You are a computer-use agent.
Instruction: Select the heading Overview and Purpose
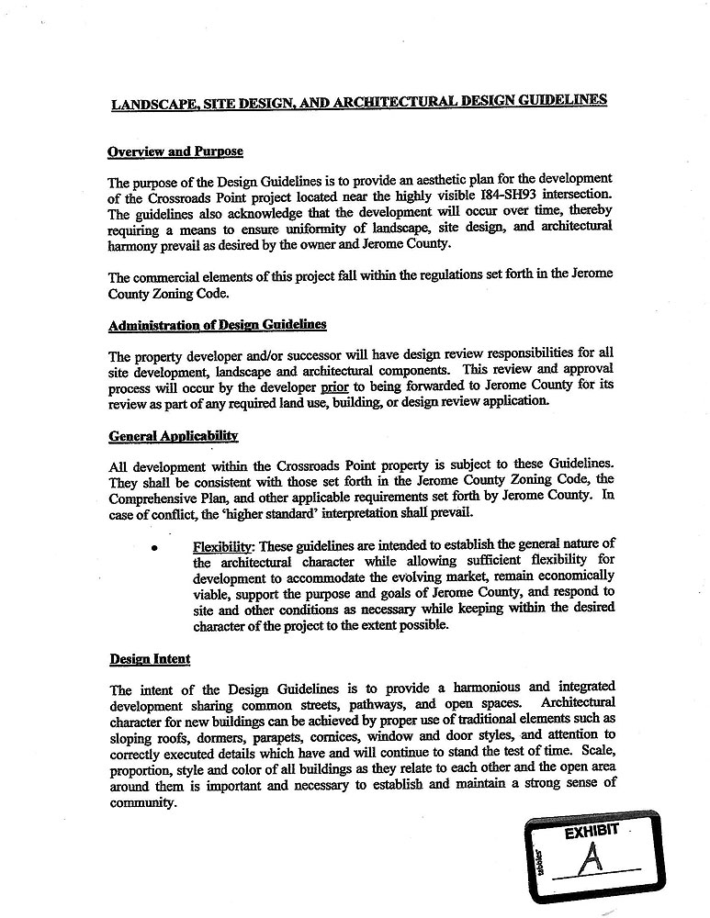point(175,151)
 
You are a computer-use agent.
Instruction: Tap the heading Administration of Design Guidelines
point(217,325)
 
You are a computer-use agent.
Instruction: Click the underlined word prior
point(333,387)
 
